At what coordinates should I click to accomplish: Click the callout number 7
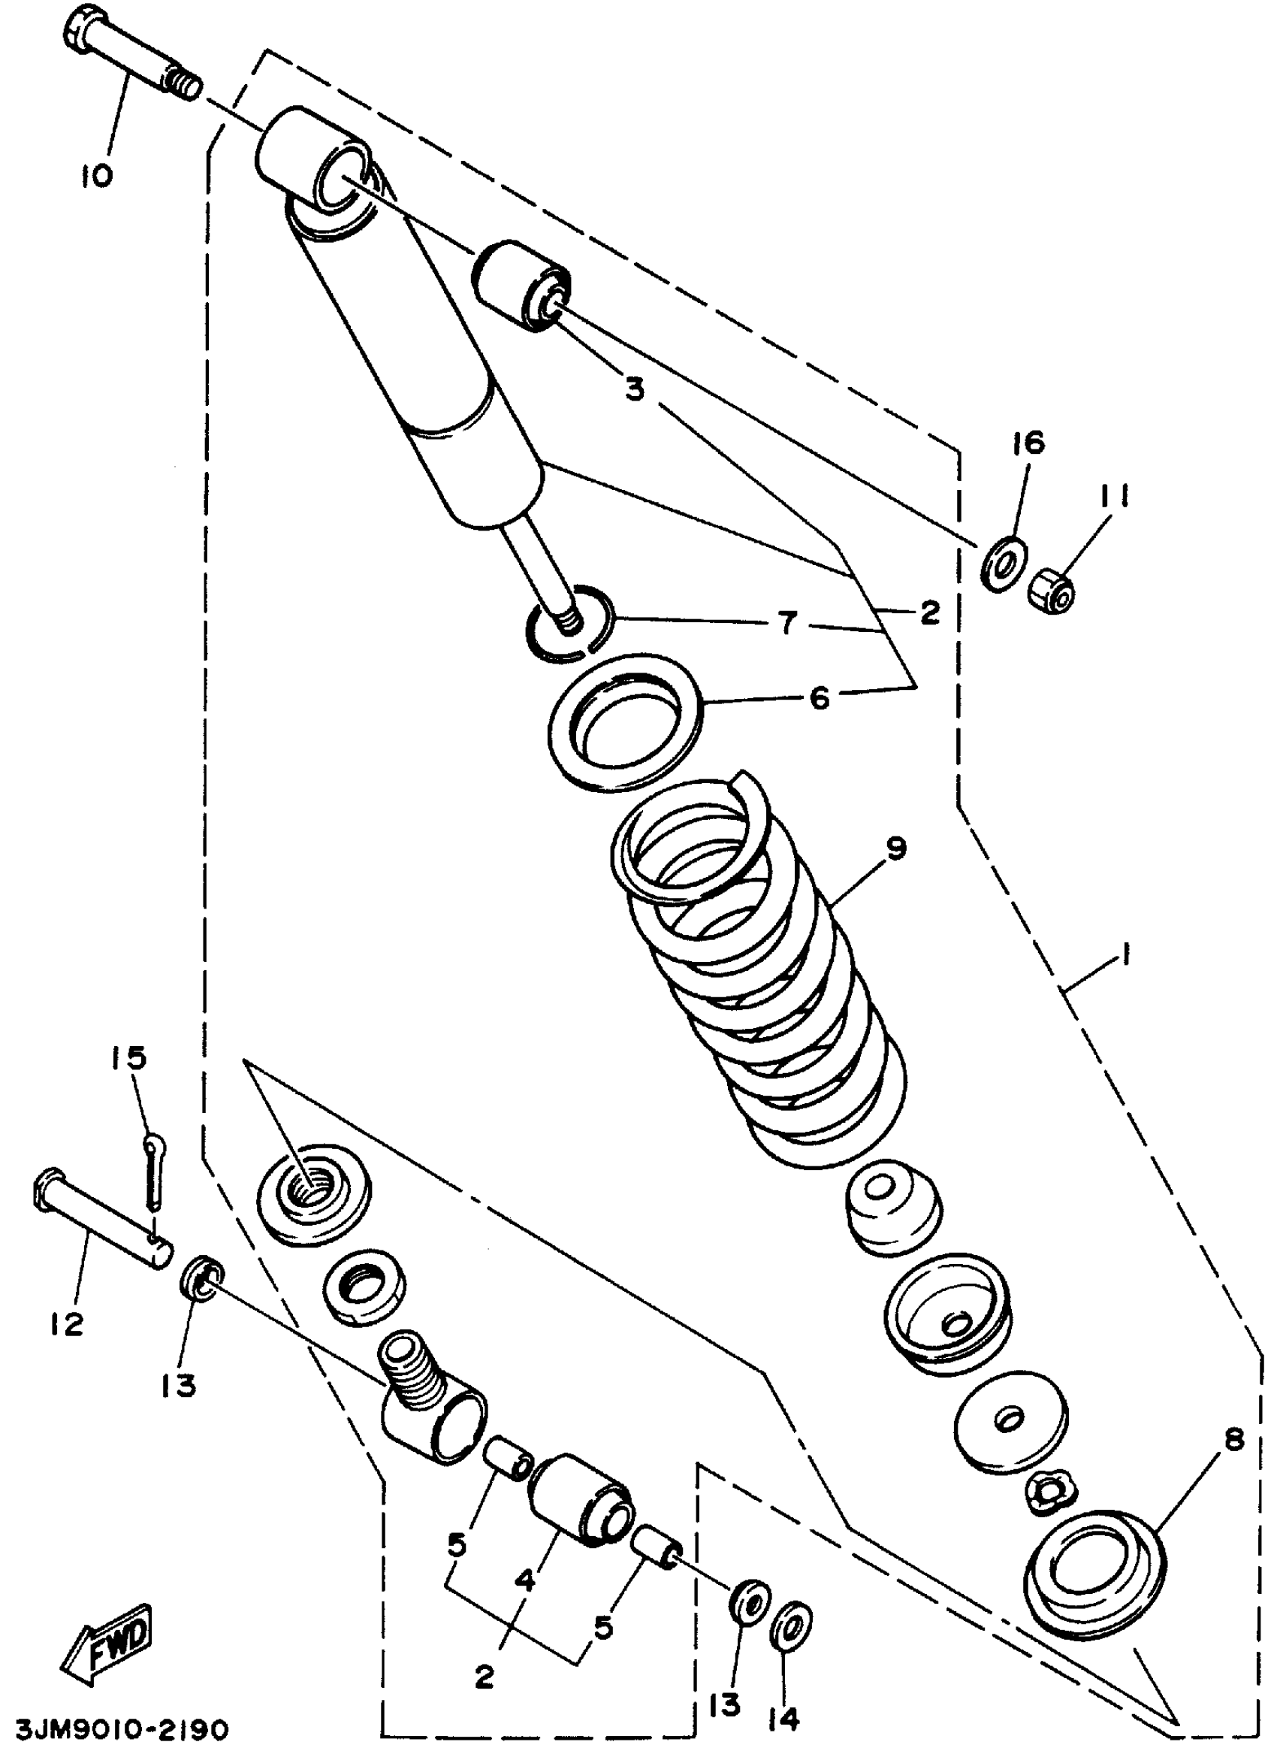(x=787, y=623)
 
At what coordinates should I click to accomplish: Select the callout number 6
(x=819, y=698)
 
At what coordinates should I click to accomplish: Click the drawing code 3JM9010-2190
(x=114, y=1728)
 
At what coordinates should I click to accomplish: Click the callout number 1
(x=1126, y=956)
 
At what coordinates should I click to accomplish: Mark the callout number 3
(x=634, y=391)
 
